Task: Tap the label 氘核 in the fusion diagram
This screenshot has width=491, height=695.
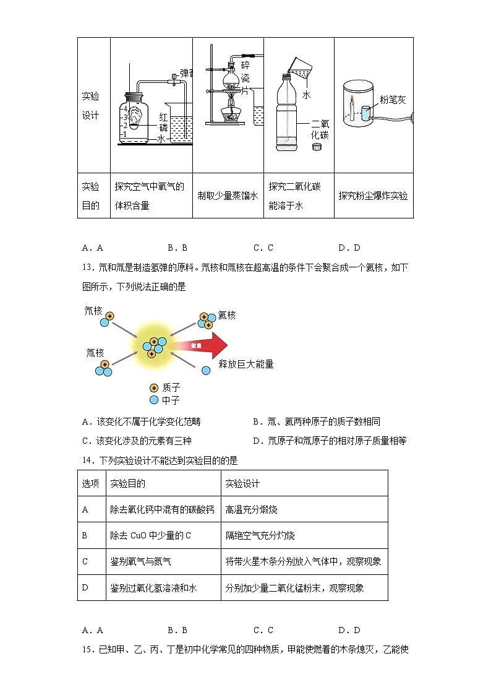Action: tap(93, 311)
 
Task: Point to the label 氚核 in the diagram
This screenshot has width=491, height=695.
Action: tap(95, 352)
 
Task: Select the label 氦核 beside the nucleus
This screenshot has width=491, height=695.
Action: tap(227, 315)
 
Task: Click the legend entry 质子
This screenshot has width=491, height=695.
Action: tap(171, 387)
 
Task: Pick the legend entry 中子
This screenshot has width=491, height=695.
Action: tap(171, 400)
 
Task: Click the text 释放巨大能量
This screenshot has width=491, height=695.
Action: tap(246, 364)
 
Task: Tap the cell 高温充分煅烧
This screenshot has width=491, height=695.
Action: tap(252, 509)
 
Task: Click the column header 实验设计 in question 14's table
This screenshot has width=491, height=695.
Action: tap(243, 483)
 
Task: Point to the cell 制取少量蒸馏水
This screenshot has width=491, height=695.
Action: tap(228, 196)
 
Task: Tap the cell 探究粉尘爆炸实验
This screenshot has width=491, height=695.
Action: tap(373, 196)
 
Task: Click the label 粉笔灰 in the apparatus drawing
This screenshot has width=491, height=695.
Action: tap(393, 99)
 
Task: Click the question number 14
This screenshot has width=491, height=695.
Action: tap(87, 460)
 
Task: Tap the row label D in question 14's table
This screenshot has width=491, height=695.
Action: tap(85, 587)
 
